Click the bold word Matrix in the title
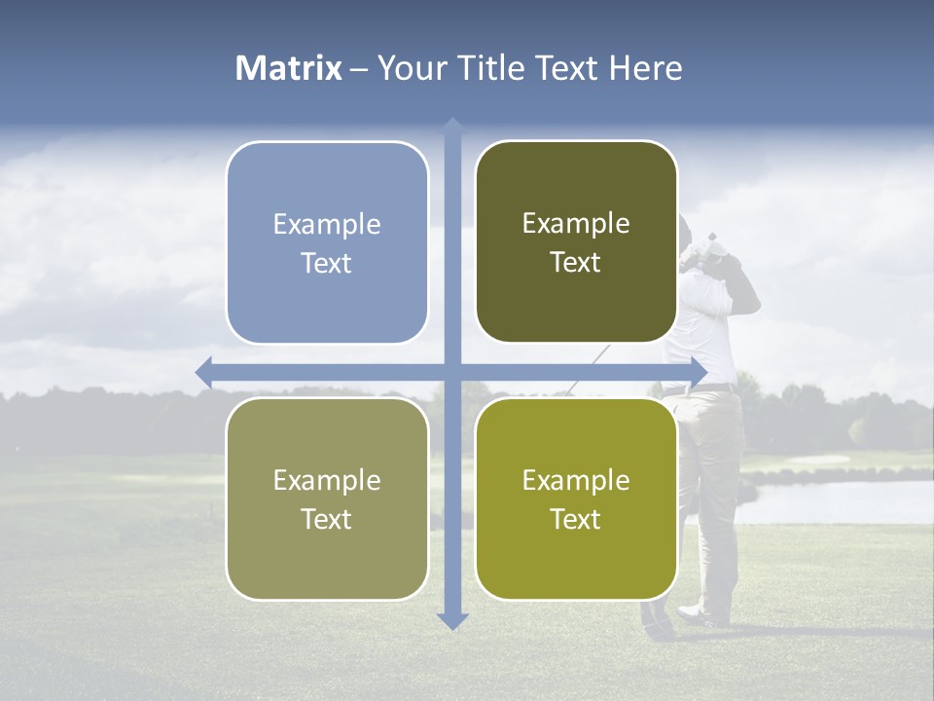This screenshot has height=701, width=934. (x=289, y=68)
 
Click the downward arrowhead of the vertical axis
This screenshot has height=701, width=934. (x=452, y=620)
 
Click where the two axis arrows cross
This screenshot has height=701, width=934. (x=452, y=372)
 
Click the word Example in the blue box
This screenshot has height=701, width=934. (x=327, y=225)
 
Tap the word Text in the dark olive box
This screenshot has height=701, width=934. (x=576, y=263)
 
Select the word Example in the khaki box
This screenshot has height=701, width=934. (x=327, y=480)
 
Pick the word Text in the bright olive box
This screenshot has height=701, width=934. (x=576, y=519)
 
